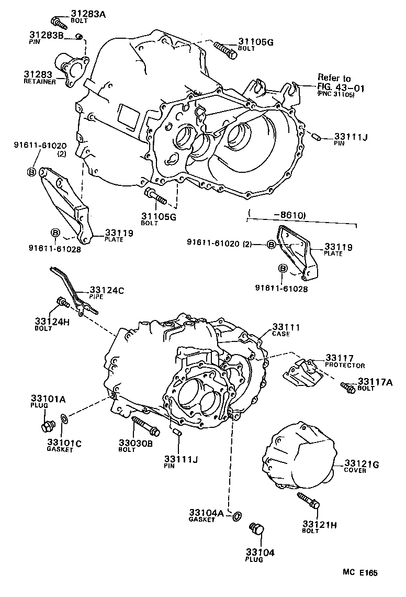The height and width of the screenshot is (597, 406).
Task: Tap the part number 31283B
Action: click(x=46, y=36)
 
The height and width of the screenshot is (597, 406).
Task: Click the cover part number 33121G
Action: click(x=362, y=464)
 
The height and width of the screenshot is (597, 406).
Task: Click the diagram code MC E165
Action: click(x=360, y=573)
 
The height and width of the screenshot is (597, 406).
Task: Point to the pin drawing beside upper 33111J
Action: click(x=315, y=137)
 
